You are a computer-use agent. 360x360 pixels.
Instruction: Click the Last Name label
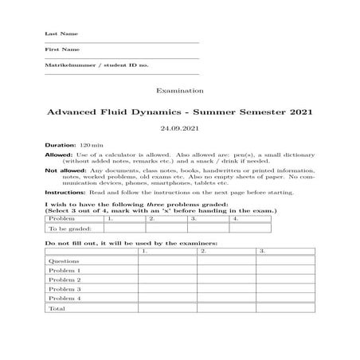[56, 35]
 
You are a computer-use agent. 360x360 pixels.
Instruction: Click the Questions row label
[64, 261]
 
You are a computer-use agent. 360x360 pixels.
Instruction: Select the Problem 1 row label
[65, 271]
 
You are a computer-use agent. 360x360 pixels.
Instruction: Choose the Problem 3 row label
[65, 289]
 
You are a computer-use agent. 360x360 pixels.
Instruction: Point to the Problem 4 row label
[65, 298]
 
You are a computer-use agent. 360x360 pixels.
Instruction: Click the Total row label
[58, 308]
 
